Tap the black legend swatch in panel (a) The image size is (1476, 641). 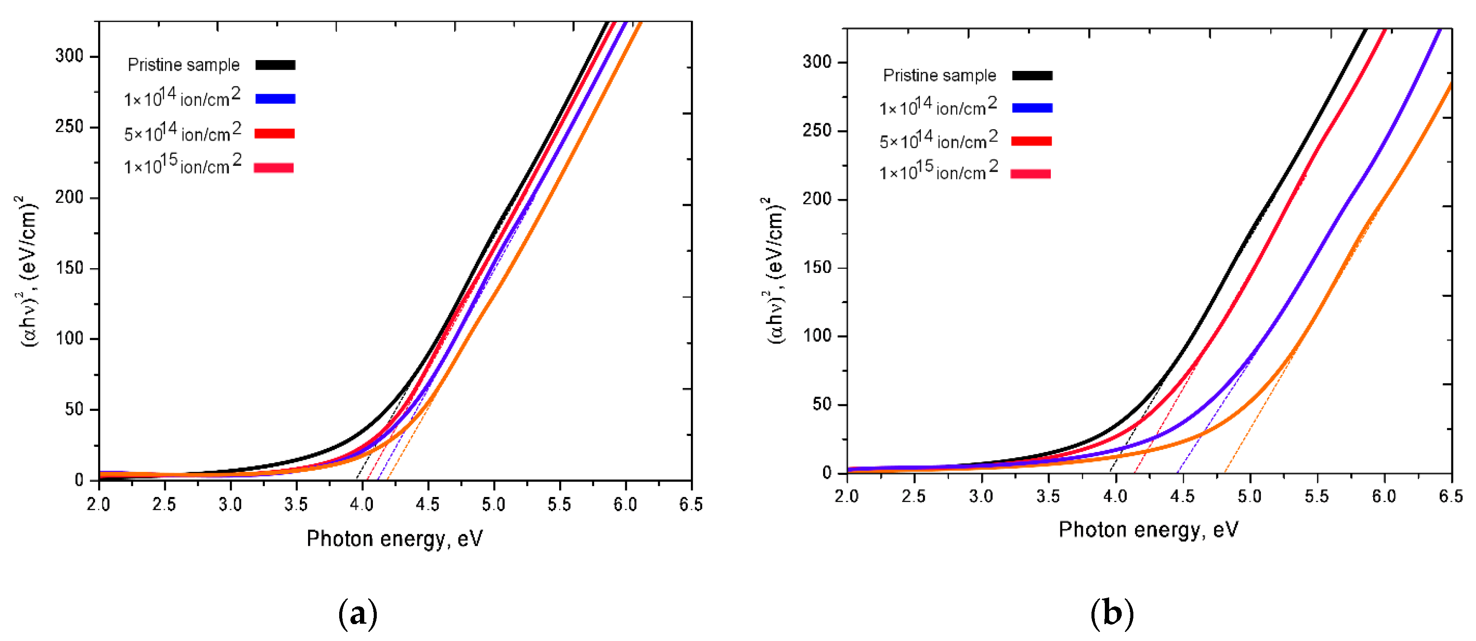(275, 65)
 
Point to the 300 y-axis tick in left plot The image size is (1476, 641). (69, 56)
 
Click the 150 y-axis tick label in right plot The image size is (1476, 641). (817, 268)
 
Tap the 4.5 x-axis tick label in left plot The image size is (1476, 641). (427, 505)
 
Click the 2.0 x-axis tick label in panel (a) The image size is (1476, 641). (99, 505)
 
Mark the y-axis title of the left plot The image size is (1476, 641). (29, 269)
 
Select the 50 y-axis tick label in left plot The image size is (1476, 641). (74, 409)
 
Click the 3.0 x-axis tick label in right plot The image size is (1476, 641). (981, 497)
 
